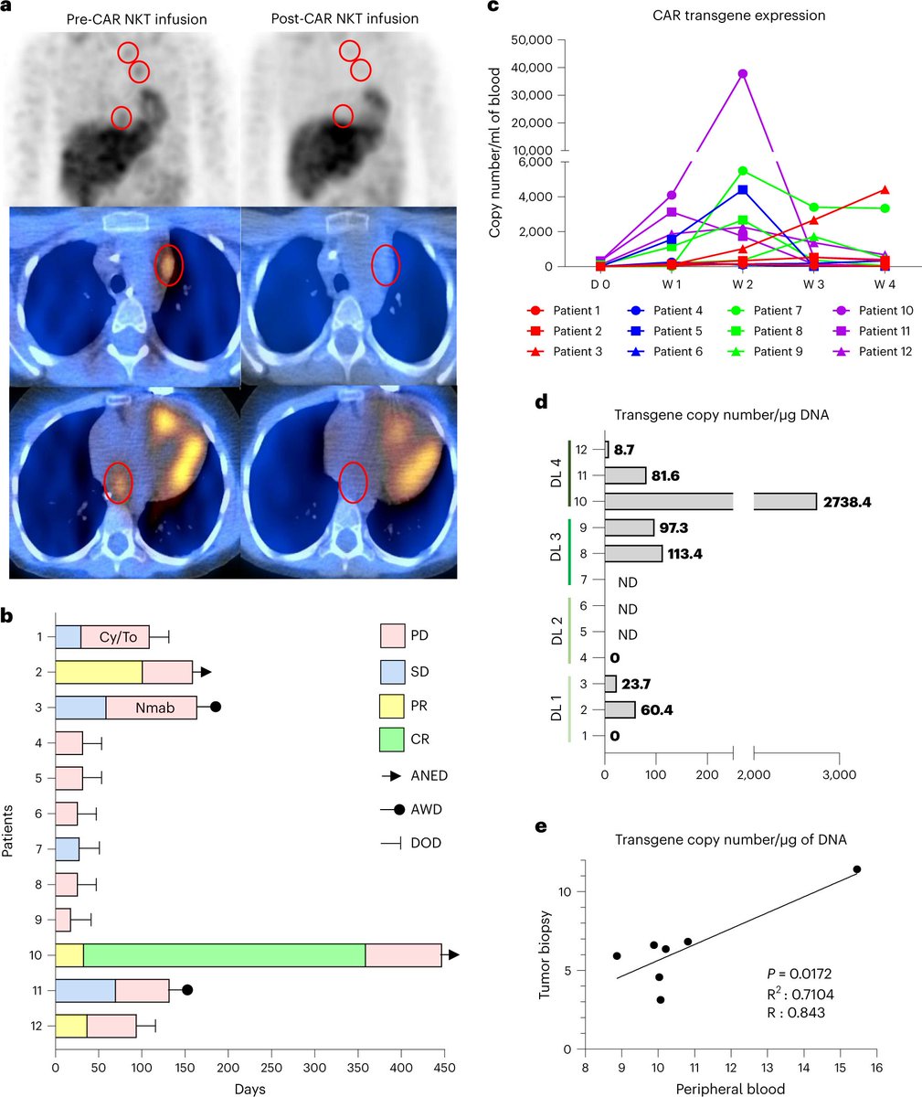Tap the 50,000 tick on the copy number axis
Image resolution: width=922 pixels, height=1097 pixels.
pos(535,40)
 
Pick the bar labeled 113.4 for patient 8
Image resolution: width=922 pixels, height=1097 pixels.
pos(633,554)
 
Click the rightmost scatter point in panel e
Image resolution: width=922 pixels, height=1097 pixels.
pos(856,869)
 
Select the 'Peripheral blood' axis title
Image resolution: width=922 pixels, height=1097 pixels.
pos(731,1086)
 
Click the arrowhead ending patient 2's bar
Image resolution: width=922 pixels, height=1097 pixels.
pos(207,673)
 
